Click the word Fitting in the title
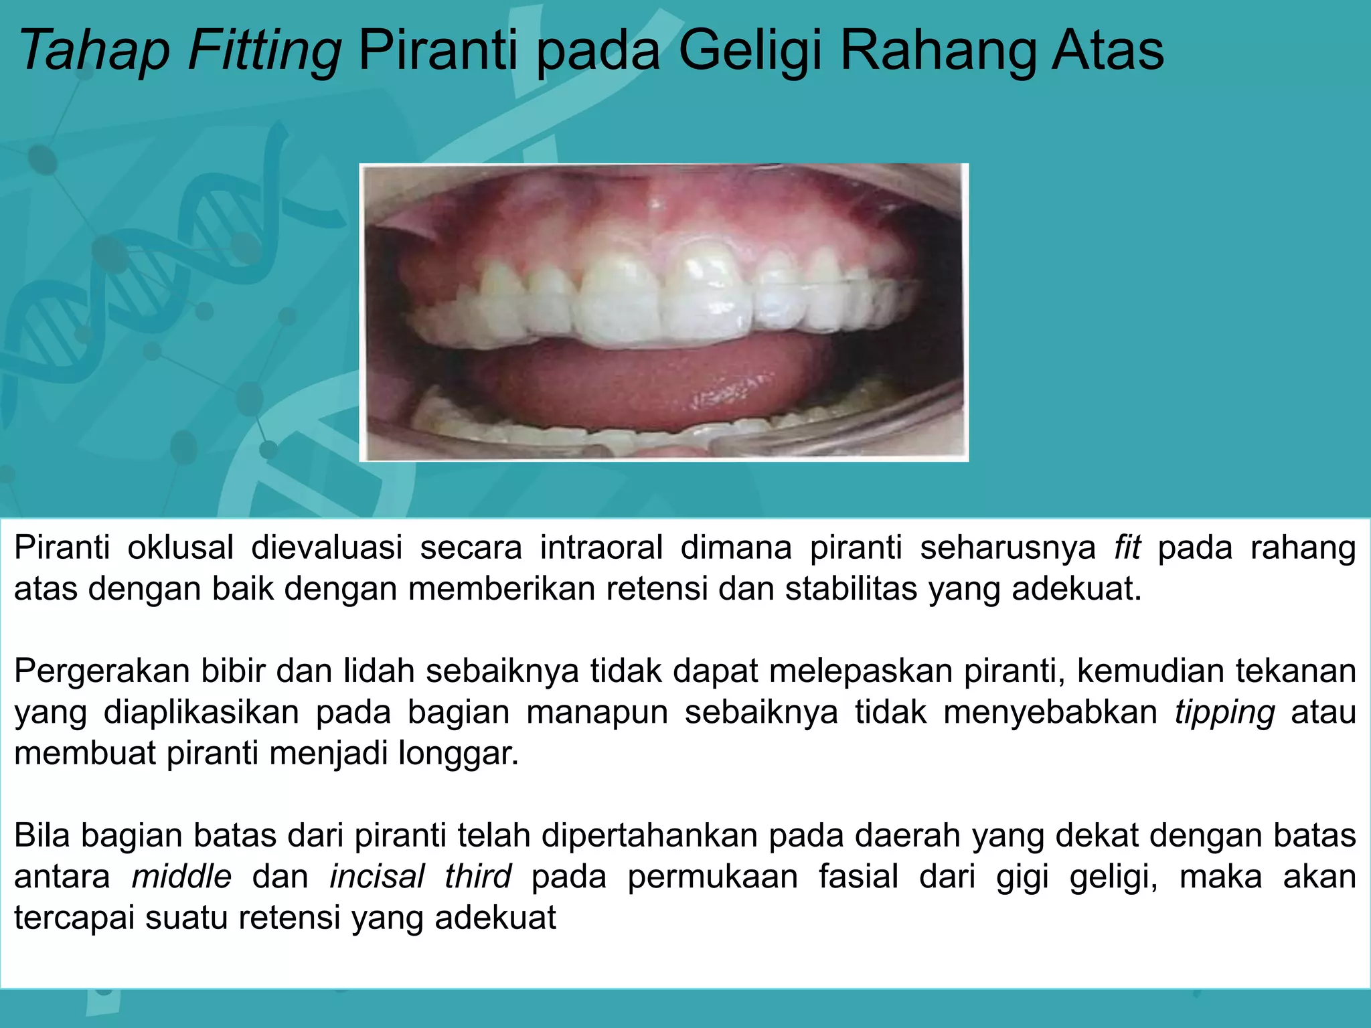coord(264,51)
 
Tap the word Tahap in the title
coord(94,51)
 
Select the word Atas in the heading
coord(1107,51)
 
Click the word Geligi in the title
coord(750,51)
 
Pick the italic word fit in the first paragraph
coord(1127,547)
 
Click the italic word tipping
coord(1224,712)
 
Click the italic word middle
coord(181,877)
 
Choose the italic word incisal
coord(378,877)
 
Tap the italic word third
coord(478,877)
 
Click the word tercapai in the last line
coord(74,918)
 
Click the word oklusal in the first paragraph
coord(181,547)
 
